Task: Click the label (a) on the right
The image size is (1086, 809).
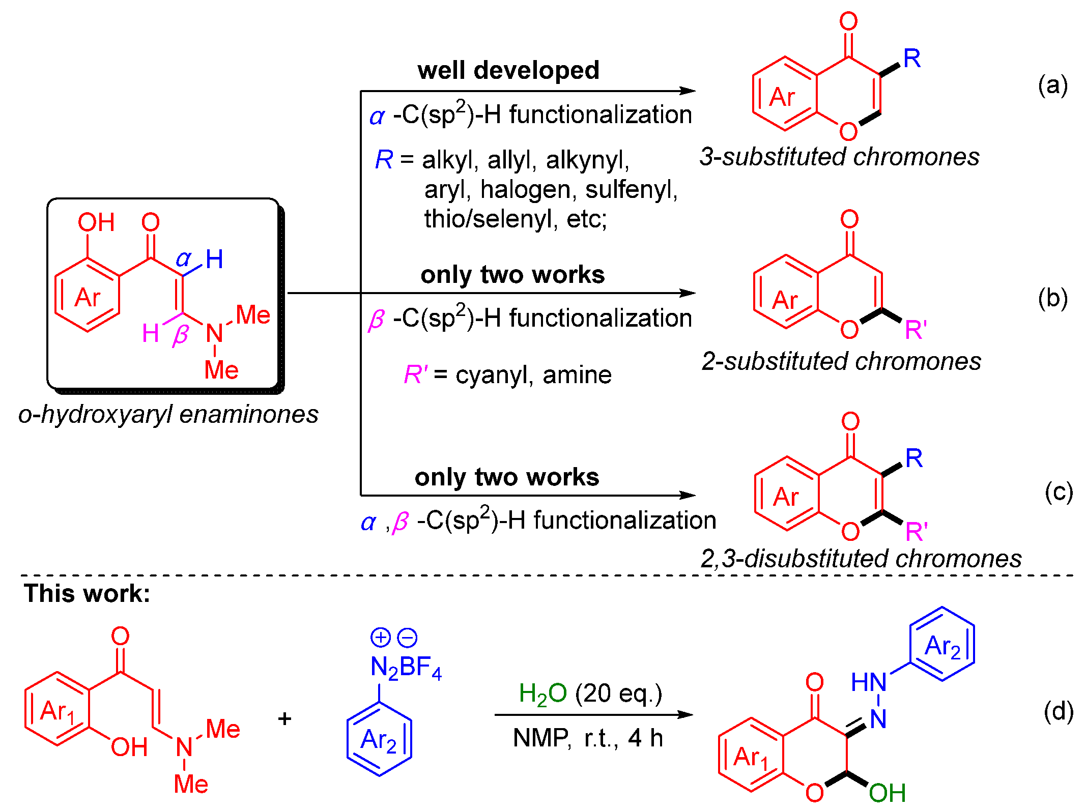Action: click(1052, 85)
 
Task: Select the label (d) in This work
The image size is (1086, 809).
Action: click(1059, 711)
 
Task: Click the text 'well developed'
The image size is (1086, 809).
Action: click(508, 70)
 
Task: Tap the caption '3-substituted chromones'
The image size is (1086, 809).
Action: click(839, 157)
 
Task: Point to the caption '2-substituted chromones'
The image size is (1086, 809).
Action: click(841, 362)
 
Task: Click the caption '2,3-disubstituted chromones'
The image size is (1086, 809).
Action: click(861, 559)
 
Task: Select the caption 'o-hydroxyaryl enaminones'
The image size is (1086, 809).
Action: click(168, 414)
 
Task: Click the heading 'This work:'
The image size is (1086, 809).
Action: click(87, 593)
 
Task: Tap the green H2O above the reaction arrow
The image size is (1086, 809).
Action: click(542, 694)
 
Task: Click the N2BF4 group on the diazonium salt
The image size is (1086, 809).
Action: click(406, 667)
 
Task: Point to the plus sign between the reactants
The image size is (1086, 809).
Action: click(285, 718)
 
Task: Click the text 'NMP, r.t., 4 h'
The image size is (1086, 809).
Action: click(588, 738)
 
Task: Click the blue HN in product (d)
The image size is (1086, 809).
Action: click(869, 682)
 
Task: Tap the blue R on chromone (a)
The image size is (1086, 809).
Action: click(912, 59)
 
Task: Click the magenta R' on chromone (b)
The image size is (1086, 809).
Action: click(916, 330)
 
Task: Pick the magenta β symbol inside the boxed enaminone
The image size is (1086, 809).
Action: click(181, 335)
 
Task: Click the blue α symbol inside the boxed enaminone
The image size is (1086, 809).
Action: click(183, 259)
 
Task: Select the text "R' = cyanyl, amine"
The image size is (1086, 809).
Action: click(507, 375)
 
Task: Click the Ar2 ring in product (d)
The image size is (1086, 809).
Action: click(942, 645)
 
